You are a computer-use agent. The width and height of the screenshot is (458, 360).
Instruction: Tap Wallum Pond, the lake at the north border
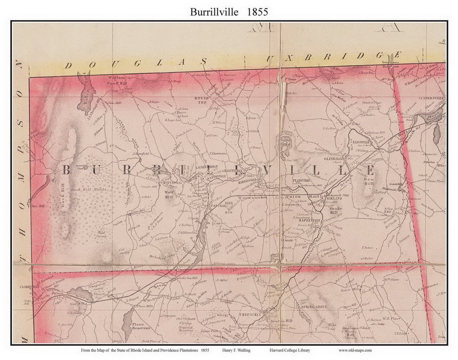click(88, 89)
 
